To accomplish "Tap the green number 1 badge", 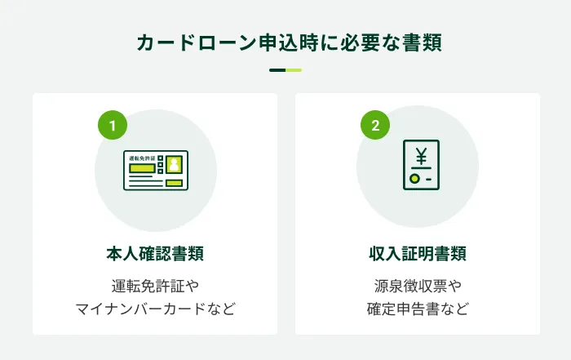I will (113, 126).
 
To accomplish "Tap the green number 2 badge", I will (375, 126).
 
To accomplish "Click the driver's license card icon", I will (156, 171).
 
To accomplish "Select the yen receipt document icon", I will (421, 166).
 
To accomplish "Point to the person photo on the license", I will (173, 164).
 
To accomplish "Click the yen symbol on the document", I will (421, 153).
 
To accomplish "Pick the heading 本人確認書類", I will (155, 254).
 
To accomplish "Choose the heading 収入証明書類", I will (418, 254).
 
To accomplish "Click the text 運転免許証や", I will (155, 287).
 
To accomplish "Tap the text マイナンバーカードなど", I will (155, 309).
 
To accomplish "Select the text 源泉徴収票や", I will (418, 287).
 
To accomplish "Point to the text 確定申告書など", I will (418, 309).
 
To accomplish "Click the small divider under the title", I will (285, 70).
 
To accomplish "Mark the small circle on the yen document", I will (414, 178).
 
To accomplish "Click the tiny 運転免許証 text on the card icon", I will (143, 157).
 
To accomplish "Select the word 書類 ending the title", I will (422, 42).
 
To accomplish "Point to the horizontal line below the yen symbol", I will (421, 167).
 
